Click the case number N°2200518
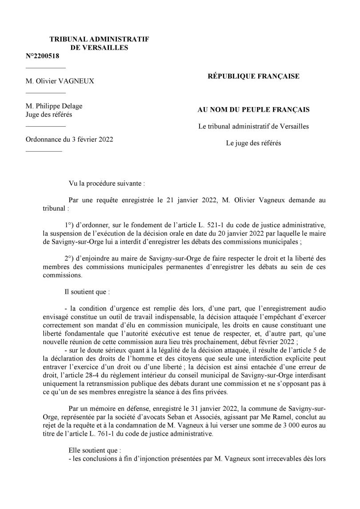click(42, 56)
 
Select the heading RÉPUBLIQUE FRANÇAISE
click(253, 76)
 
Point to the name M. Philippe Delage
click(54, 106)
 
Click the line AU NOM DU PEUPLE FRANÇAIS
click(253, 109)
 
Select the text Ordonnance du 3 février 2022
click(69, 139)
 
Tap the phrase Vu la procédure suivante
click(106, 183)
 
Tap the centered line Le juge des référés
click(253, 143)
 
